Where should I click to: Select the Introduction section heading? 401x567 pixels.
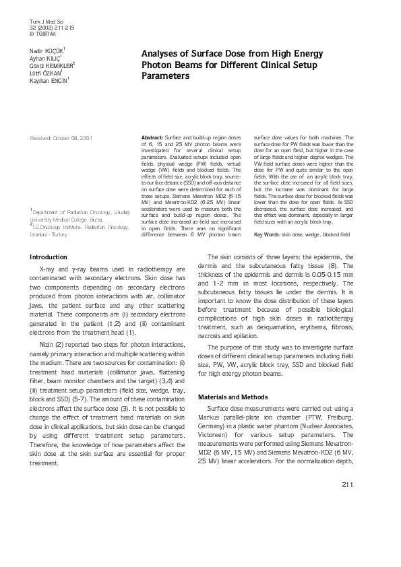click(x=49, y=257)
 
